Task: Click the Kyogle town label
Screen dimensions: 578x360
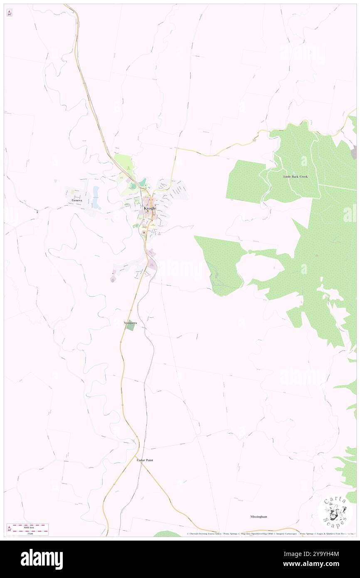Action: tap(150, 208)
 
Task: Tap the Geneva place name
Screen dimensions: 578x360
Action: tap(76, 200)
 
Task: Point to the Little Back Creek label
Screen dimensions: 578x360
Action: tap(295, 177)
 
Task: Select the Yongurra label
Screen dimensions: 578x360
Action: tap(131, 323)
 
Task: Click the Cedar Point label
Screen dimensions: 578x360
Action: tap(145, 460)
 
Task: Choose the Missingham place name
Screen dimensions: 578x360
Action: tap(259, 516)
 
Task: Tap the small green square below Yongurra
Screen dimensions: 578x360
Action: tap(131, 328)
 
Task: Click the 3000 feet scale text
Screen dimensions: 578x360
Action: tap(28, 527)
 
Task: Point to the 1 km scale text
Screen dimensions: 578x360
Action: tap(30, 534)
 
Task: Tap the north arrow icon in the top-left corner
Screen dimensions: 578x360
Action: tap(9, 13)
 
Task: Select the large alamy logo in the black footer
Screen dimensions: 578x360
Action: tap(42, 559)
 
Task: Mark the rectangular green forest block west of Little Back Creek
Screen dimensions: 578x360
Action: tap(245, 182)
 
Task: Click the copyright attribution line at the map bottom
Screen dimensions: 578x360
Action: tap(270, 534)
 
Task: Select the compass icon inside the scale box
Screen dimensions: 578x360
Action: tap(9, 529)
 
